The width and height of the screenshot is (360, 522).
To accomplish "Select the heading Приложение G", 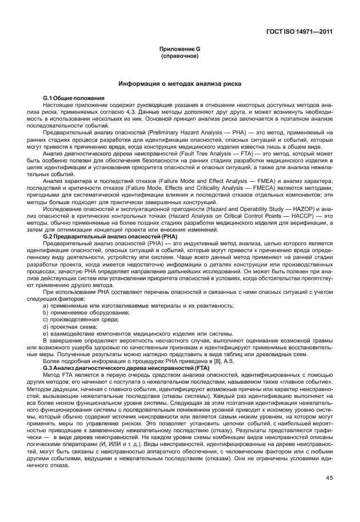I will tap(180, 50).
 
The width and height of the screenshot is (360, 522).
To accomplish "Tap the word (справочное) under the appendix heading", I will tap(180, 57).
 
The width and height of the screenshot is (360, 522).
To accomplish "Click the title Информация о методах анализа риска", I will tap(180, 84).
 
